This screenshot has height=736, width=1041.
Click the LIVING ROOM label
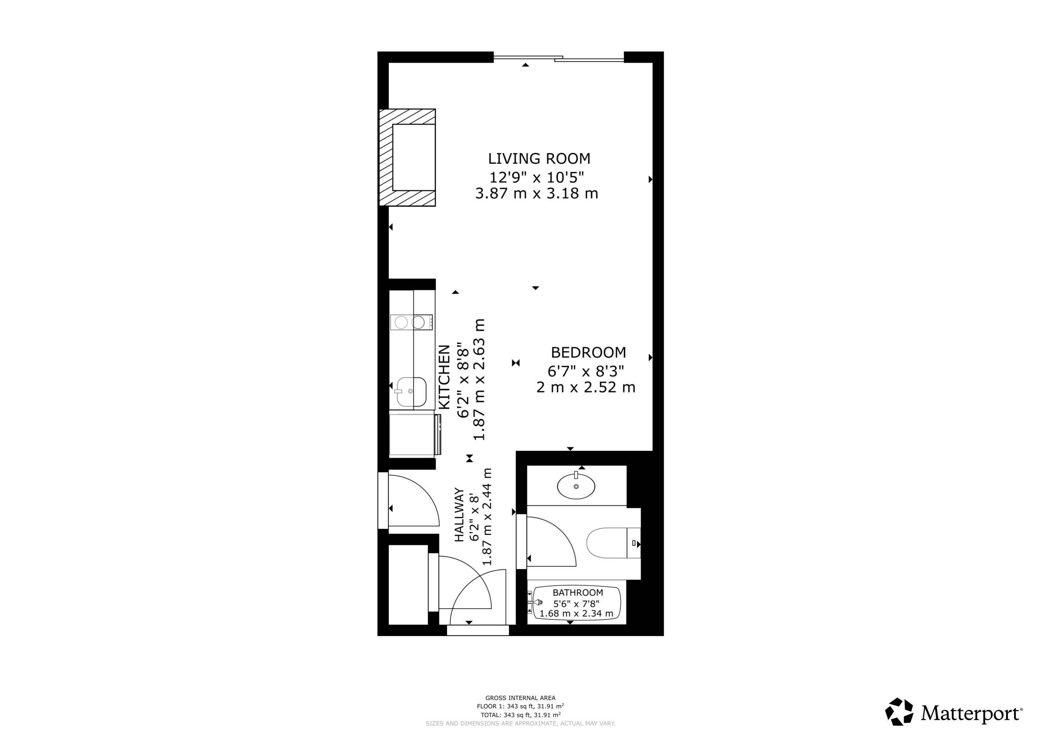coord(539,159)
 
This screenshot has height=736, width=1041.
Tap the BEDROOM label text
coord(588,352)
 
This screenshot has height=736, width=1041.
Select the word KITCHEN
coord(445,377)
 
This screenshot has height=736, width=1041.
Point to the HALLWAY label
coord(459,515)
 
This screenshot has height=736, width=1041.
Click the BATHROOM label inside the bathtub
coord(577,593)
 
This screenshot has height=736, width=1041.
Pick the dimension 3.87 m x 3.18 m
coord(537,194)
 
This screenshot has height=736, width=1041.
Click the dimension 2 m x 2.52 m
coord(585,388)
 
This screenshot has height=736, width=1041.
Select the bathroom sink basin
coord(576,486)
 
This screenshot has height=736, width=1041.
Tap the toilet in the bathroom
coord(612,543)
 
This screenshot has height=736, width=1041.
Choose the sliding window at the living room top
coord(558,58)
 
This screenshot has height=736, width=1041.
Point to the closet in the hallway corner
coord(408,585)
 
